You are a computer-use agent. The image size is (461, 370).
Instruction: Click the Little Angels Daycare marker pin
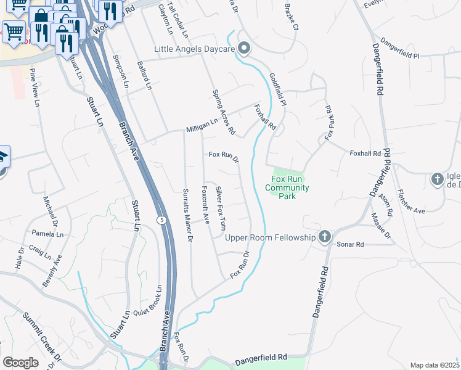pos(244,48)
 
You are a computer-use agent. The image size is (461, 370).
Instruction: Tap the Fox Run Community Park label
pos(287,187)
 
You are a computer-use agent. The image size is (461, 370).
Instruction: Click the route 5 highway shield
pos(161,220)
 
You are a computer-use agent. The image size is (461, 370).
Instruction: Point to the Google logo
pos(20,362)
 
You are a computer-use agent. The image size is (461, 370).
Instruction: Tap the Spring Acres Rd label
pos(224,112)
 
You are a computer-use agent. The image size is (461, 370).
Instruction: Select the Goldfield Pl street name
pos(277,89)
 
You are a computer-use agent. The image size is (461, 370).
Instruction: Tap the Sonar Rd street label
pos(351,244)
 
